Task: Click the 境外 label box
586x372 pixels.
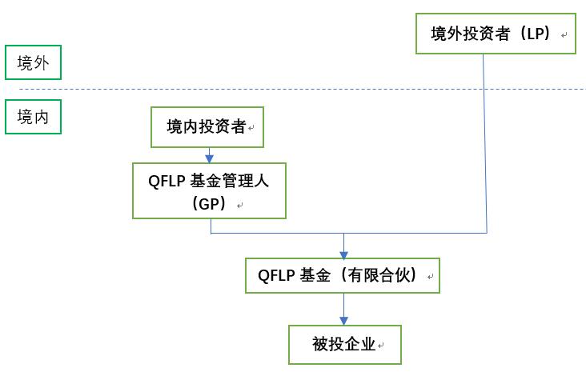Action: (x=33, y=64)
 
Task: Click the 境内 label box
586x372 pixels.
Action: (x=33, y=117)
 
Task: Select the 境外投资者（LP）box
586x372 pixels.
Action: (x=496, y=34)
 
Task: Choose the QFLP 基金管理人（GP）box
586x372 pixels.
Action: (x=210, y=190)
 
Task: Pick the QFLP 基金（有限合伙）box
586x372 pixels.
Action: (x=343, y=276)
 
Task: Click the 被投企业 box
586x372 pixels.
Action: (x=344, y=345)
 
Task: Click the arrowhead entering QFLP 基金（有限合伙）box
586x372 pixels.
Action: (x=343, y=254)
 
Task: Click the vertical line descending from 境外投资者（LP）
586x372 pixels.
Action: (x=485, y=144)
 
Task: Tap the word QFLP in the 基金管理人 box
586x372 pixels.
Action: (x=166, y=181)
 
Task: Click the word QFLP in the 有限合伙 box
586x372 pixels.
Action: (x=275, y=276)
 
